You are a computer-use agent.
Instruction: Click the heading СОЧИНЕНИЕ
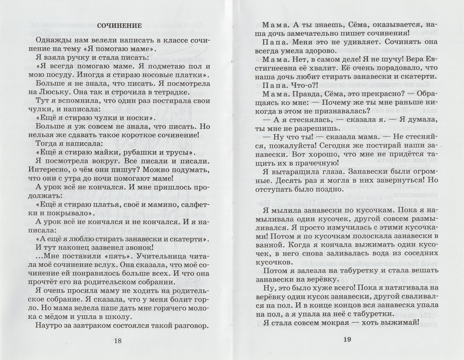119,26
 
